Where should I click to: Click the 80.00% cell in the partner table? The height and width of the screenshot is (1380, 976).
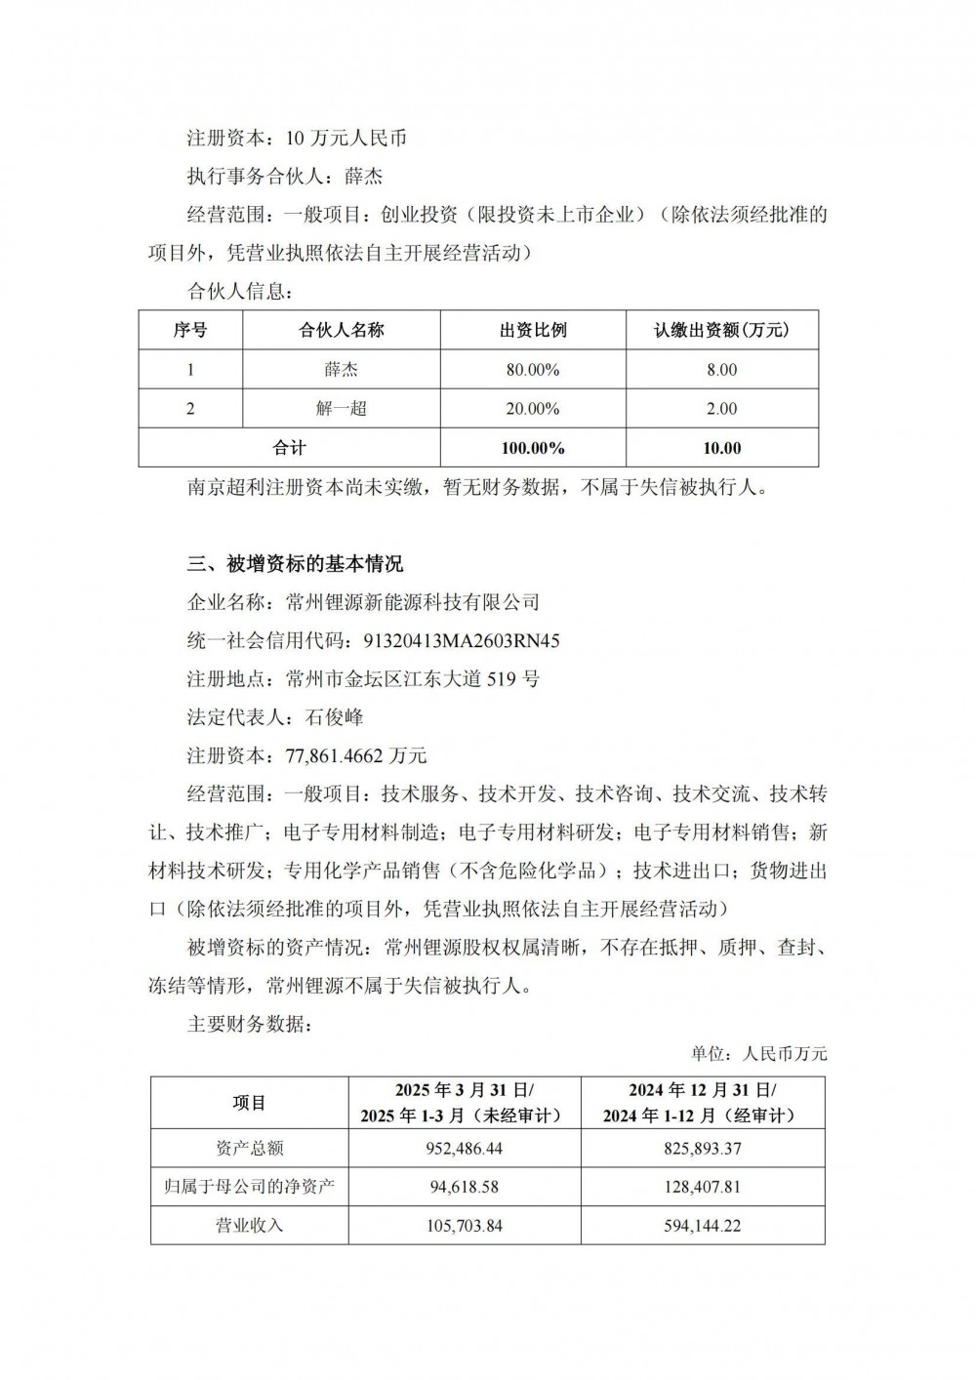point(533,370)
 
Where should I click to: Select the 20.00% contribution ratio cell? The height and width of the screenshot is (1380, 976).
point(533,409)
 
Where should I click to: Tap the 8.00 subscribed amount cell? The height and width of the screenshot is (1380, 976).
point(721,370)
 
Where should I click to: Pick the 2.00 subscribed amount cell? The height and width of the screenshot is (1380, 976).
point(721,409)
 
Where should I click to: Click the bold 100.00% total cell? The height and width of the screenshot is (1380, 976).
point(533,448)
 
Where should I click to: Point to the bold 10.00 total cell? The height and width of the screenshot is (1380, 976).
point(721,448)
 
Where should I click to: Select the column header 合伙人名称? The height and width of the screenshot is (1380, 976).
point(342,330)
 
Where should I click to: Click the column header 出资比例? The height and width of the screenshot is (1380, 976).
point(533,330)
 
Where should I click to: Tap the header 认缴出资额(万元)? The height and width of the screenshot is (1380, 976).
point(721,330)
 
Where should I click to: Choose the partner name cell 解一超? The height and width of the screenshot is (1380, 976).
point(342,409)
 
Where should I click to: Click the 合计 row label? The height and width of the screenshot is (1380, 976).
point(289,448)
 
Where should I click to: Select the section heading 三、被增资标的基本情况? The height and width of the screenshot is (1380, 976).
point(295,564)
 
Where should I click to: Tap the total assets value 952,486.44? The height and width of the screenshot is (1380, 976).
point(464,1149)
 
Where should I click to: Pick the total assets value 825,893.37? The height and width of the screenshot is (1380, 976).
point(702,1149)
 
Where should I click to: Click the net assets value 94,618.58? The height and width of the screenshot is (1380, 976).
point(464,1187)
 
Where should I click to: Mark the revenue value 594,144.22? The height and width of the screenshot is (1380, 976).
point(702,1225)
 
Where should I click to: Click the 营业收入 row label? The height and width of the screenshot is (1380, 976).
point(249,1225)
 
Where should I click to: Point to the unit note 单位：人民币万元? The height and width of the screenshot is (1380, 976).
point(758,1054)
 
